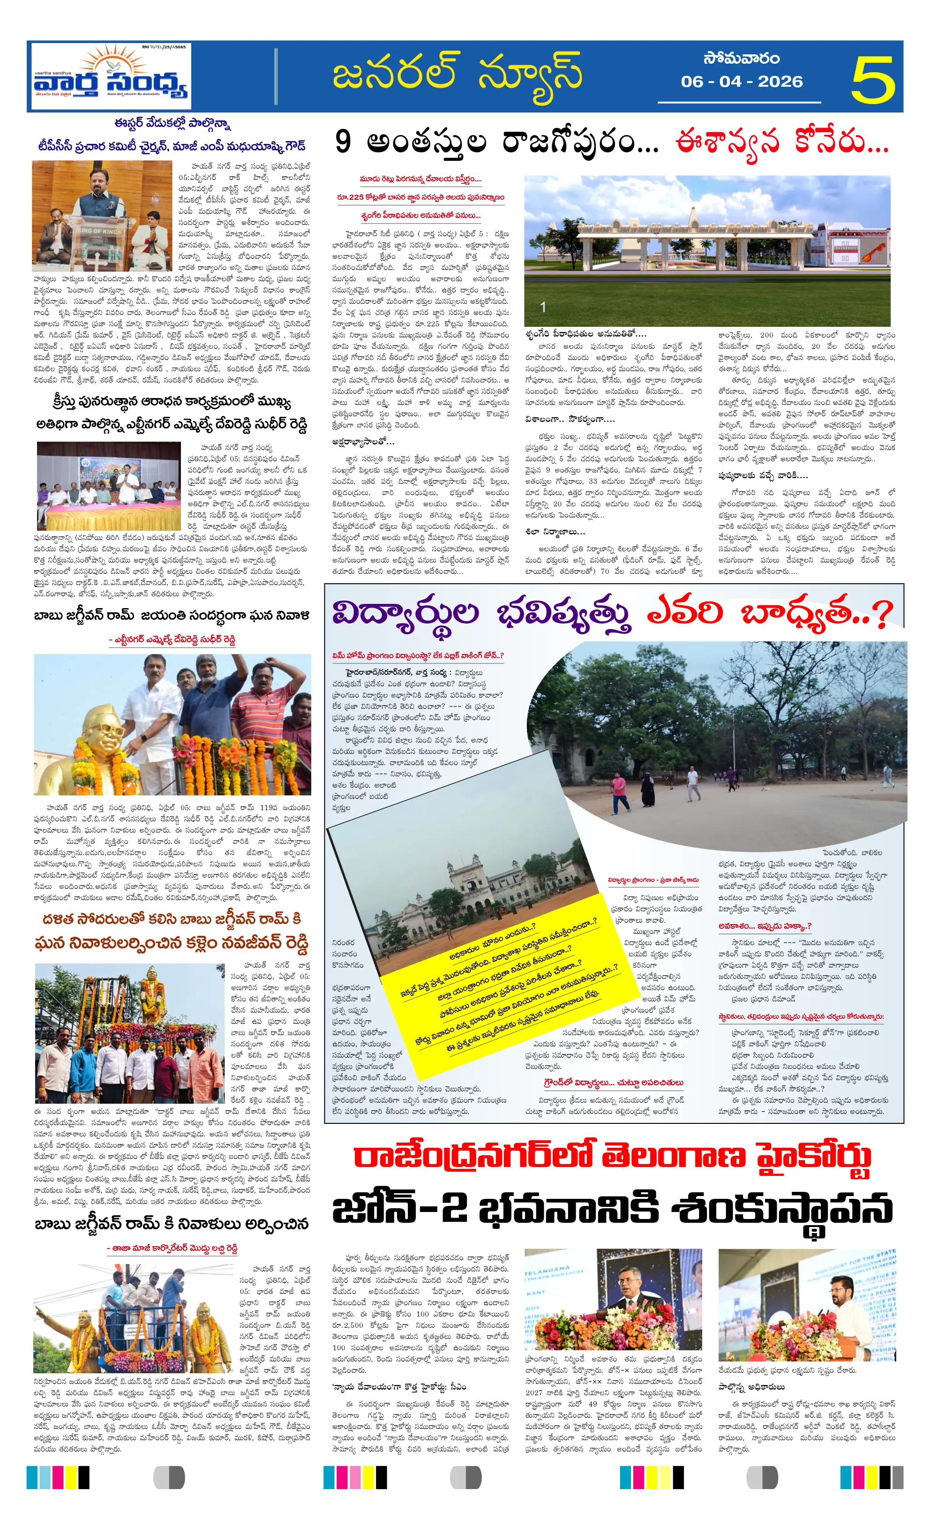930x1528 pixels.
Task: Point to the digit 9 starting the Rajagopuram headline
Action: (343, 142)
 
